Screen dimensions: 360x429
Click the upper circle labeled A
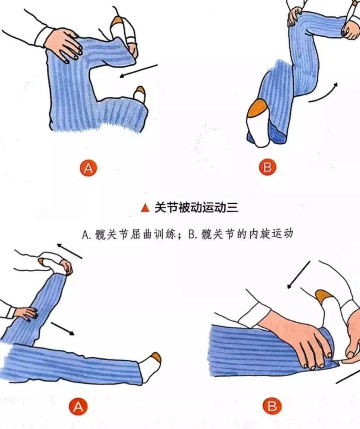click(88, 168)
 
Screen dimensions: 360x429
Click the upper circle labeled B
click(268, 167)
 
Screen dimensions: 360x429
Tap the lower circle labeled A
click(78, 406)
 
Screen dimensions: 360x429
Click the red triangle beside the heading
click(145, 208)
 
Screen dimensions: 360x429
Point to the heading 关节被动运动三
click(196, 208)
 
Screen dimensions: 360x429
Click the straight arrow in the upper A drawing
click(139, 71)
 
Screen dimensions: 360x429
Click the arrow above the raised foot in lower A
click(69, 251)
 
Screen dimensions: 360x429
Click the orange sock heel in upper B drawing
click(258, 108)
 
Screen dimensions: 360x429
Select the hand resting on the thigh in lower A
click(26, 313)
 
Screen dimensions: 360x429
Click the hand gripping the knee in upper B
click(294, 17)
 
